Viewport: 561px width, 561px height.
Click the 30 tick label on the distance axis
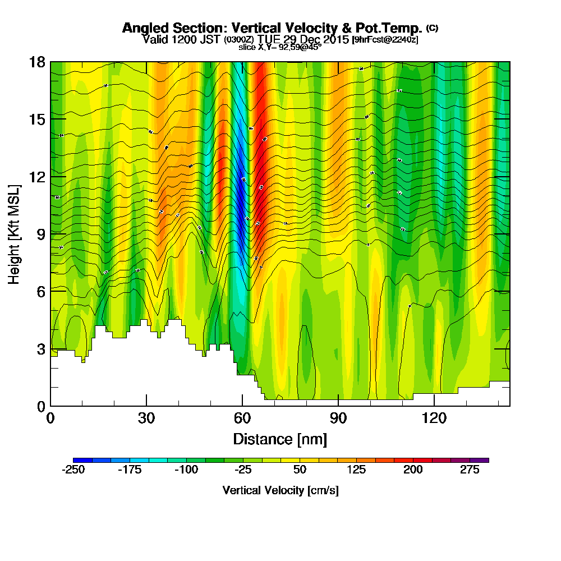point(146,418)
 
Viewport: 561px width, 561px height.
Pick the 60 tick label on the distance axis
point(242,418)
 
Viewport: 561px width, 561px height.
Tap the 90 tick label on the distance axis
point(338,418)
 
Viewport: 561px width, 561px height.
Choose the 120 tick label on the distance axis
point(434,418)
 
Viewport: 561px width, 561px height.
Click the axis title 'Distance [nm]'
point(280,438)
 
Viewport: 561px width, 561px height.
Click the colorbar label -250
point(73,470)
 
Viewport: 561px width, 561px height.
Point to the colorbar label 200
point(413,470)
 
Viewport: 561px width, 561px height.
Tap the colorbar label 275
point(470,470)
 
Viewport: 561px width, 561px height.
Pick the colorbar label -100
point(186,470)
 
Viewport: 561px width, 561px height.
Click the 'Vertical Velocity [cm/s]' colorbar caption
point(280,490)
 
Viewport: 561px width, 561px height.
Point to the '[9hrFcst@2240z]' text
point(385,40)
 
